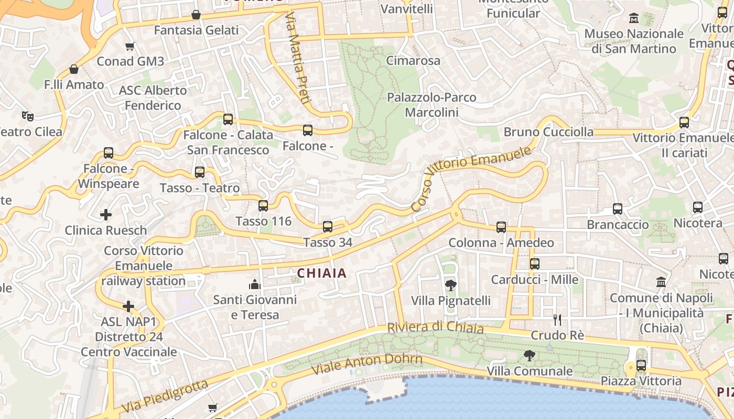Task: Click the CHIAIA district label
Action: click(x=322, y=273)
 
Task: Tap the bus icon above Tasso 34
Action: click(x=328, y=226)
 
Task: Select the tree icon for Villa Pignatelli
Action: click(x=450, y=285)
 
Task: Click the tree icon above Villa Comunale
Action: click(x=530, y=356)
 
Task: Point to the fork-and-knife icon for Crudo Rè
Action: click(x=557, y=319)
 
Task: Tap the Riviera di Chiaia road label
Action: click(x=435, y=328)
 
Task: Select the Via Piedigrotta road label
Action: click(x=165, y=396)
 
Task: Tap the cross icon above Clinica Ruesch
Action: click(x=106, y=215)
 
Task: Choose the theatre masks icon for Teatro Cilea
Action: click(x=28, y=116)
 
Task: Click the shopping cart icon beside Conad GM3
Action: click(x=130, y=46)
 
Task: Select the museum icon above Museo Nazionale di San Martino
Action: click(x=634, y=18)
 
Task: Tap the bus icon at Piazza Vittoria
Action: click(x=641, y=366)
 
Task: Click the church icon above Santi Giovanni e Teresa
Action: click(x=255, y=284)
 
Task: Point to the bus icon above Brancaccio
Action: click(x=618, y=209)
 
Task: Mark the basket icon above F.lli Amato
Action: click(x=74, y=69)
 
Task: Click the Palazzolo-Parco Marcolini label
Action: click(x=431, y=105)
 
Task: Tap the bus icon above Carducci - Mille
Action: click(x=535, y=264)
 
